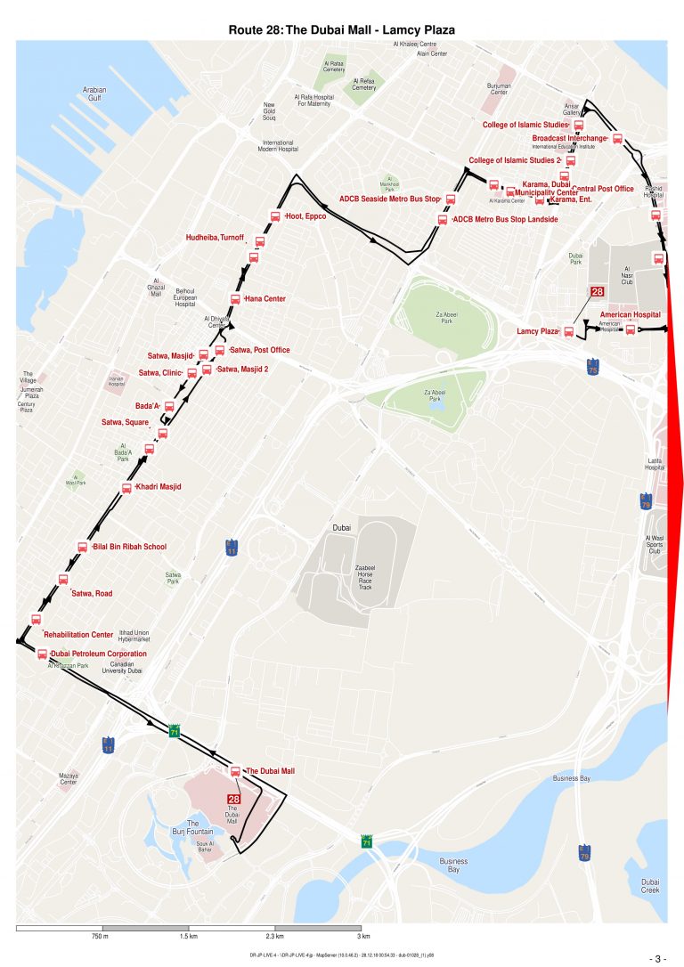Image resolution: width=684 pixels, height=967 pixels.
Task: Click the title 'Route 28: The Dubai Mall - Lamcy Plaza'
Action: pos(342,29)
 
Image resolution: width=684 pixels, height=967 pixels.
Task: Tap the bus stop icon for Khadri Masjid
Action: pos(127,487)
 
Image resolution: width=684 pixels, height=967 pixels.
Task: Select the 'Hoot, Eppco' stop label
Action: pos(305,216)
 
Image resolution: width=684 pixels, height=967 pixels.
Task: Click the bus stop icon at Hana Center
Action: pos(235,298)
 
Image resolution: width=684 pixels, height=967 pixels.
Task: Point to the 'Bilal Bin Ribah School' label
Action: pos(129,547)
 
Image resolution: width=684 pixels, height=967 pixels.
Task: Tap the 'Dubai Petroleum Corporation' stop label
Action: pos(98,654)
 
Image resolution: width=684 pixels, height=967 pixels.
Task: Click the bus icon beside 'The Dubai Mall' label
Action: pos(235,771)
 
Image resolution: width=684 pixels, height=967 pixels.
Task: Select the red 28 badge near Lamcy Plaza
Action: pos(598,292)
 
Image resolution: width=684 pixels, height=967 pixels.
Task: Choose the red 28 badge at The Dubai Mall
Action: pos(233,800)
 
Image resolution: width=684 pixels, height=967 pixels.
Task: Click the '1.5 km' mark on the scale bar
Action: pos(188,937)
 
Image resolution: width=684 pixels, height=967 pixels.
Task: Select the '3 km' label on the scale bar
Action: pos(362,937)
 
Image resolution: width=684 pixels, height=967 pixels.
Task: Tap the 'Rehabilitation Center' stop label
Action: pos(78,635)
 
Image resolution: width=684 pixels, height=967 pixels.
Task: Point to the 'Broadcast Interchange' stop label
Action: pos(569,138)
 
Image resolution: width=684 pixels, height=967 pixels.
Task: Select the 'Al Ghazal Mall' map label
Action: pos(156,288)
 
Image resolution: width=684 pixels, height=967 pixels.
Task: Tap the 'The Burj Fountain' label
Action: pos(198,827)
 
